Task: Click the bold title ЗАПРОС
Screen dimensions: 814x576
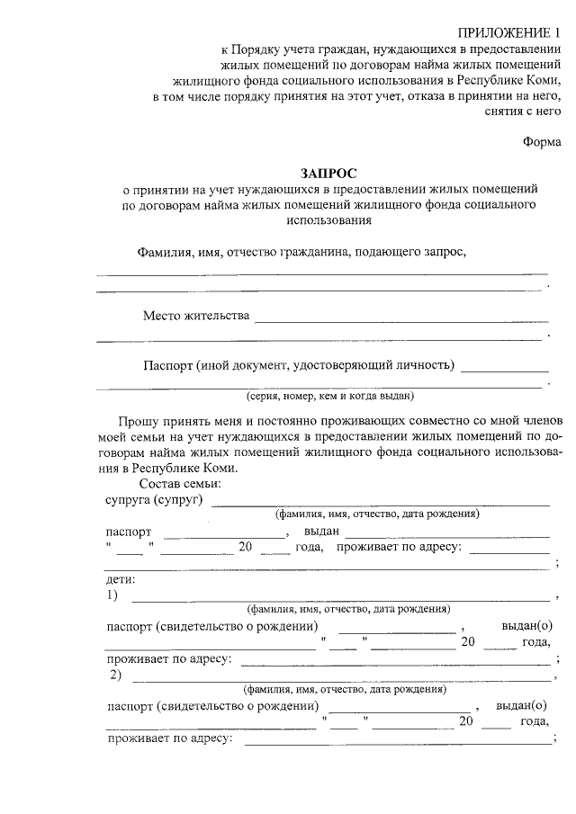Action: [x=328, y=172]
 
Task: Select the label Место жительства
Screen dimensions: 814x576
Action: [x=195, y=315]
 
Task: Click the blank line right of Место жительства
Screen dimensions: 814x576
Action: [x=401, y=320]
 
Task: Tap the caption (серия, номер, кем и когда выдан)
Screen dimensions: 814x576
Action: [x=329, y=395]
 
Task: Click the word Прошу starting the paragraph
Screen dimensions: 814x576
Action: [x=139, y=420]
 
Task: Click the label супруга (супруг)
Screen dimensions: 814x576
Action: [x=154, y=499]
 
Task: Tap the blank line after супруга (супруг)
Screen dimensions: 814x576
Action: [x=379, y=505]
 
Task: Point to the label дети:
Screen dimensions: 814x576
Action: [x=120, y=578]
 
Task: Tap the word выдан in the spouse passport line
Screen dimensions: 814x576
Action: [x=321, y=532]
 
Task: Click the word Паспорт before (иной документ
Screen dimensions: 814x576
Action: [x=171, y=365]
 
